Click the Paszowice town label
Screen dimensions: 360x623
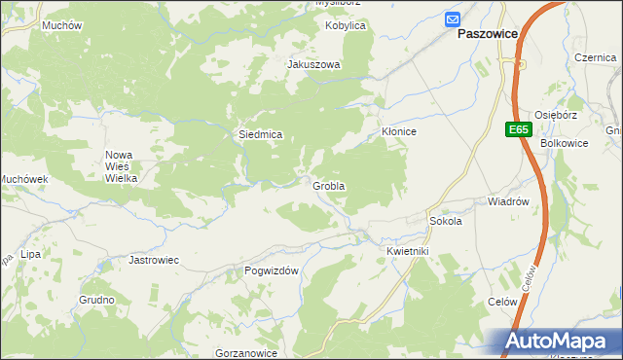coord(488,32)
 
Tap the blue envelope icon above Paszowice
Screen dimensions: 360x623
coord(454,18)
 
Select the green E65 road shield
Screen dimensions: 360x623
coord(518,129)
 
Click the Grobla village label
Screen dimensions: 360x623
coord(329,185)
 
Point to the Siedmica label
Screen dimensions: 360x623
coord(261,134)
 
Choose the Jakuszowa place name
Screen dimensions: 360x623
coord(313,65)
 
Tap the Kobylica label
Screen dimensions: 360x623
coord(345,25)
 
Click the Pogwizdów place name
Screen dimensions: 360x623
coord(272,271)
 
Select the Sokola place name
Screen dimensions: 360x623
coord(445,221)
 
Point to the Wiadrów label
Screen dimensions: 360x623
coord(507,202)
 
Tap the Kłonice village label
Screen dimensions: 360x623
coord(398,131)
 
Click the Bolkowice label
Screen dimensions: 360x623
coord(564,144)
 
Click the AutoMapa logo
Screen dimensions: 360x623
coord(558,342)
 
